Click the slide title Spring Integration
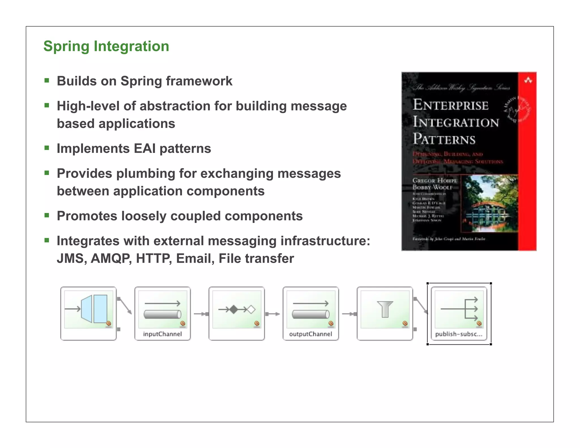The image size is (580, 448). tap(106, 46)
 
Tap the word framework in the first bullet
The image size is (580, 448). tap(199, 81)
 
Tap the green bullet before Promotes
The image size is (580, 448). tap(47, 216)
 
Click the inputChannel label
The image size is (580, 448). tap(162, 334)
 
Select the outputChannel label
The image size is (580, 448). tap(311, 334)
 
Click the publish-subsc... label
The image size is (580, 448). tap(459, 334)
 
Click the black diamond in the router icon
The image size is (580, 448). tap(234, 310)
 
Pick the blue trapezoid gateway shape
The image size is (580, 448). tap(87, 309)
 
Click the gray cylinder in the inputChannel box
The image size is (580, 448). tap(162, 314)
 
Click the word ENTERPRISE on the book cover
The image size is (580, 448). tap(450, 105)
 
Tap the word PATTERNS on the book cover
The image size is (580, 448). tap(444, 139)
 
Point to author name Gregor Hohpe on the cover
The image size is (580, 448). tap(434, 180)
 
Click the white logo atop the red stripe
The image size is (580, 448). tap(528, 81)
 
